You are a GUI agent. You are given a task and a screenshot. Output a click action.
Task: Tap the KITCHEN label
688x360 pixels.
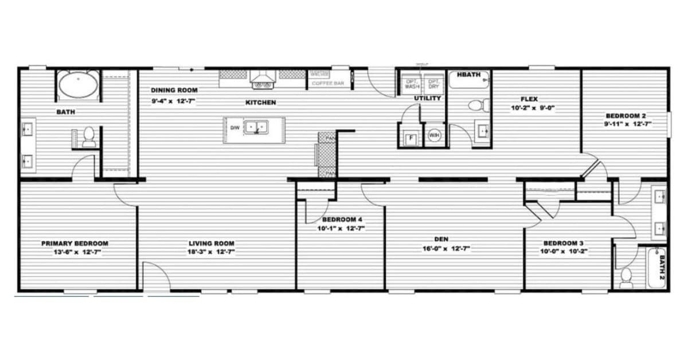[261, 103]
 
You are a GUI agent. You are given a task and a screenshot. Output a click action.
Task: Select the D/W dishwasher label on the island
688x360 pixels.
[234, 127]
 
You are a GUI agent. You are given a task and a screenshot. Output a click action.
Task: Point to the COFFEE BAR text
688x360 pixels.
[327, 84]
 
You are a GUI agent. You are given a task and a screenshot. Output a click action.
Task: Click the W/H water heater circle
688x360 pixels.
[434, 136]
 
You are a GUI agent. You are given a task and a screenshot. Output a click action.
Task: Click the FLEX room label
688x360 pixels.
[529, 99]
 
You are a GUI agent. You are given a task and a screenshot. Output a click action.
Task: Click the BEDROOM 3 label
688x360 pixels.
[564, 242]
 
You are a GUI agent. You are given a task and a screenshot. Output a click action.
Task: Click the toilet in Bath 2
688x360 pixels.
[627, 277]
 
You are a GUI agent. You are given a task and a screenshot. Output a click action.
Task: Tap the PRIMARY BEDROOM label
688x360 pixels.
[75, 243]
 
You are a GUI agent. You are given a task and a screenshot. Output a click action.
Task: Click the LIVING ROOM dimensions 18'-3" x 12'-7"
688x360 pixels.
[212, 252]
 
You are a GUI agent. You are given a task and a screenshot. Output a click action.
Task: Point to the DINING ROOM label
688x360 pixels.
[174, 90]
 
